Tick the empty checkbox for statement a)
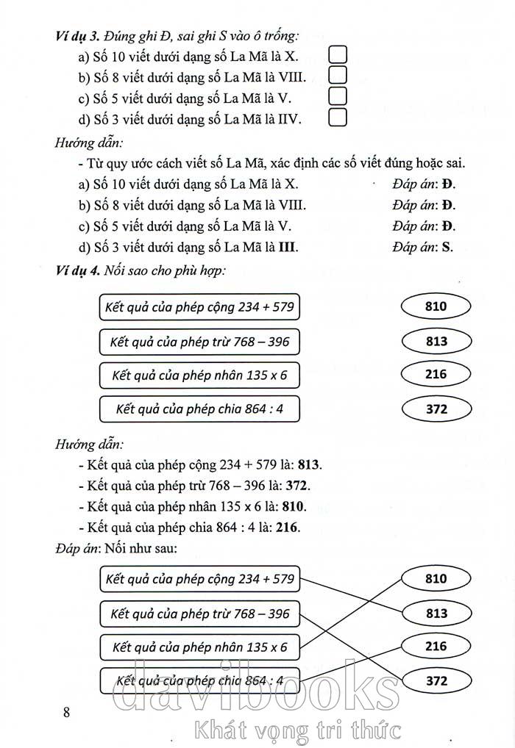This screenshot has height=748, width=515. [x=337, y=54]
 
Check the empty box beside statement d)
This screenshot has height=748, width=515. [x=337, y=117]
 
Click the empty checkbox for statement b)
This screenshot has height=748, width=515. [x=337, y=74]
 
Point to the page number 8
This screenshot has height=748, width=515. [x=67, y=712]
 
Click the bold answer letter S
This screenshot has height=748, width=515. [x=445, y=246]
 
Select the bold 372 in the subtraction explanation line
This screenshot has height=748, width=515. [x=299, y=486]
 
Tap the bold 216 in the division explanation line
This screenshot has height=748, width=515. [x=288, y=527]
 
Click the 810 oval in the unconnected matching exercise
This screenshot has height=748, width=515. [x=436, y=306]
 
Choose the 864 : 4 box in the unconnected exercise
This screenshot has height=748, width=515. [x=199, y=409]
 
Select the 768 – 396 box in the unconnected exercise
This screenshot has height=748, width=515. [x=199, y=341]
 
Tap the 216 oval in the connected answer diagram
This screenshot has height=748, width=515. [x=436, y=647]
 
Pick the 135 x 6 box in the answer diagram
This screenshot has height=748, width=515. [x=199, y=647]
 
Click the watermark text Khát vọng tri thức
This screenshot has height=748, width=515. [x=295, y=730]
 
